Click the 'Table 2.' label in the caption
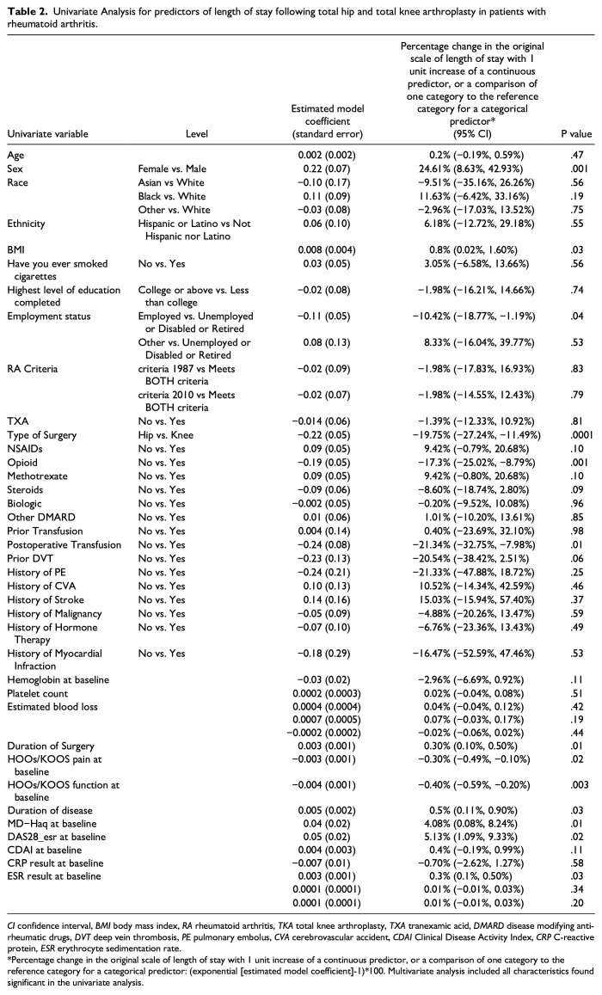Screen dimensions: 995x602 (x=27, y=10)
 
